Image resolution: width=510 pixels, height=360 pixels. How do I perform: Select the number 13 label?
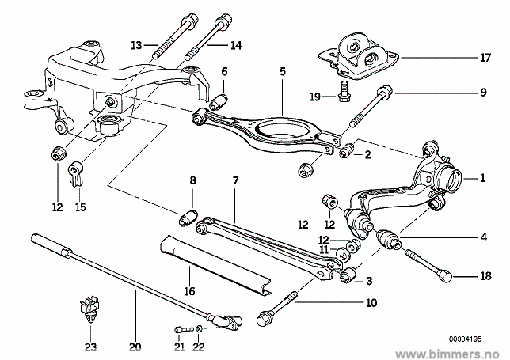(x=135, y=44)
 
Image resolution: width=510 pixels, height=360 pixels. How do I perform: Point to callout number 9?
(x=482, y=93)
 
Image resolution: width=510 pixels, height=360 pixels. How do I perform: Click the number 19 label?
(x=314, y=97)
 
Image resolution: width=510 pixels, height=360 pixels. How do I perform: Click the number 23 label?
(x=90, y=346)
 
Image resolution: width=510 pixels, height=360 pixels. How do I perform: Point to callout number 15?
(x=80, y=207)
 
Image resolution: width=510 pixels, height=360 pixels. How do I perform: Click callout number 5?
(x=282, y=70)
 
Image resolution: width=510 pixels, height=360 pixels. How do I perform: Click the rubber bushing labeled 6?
(x=219, y=102)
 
